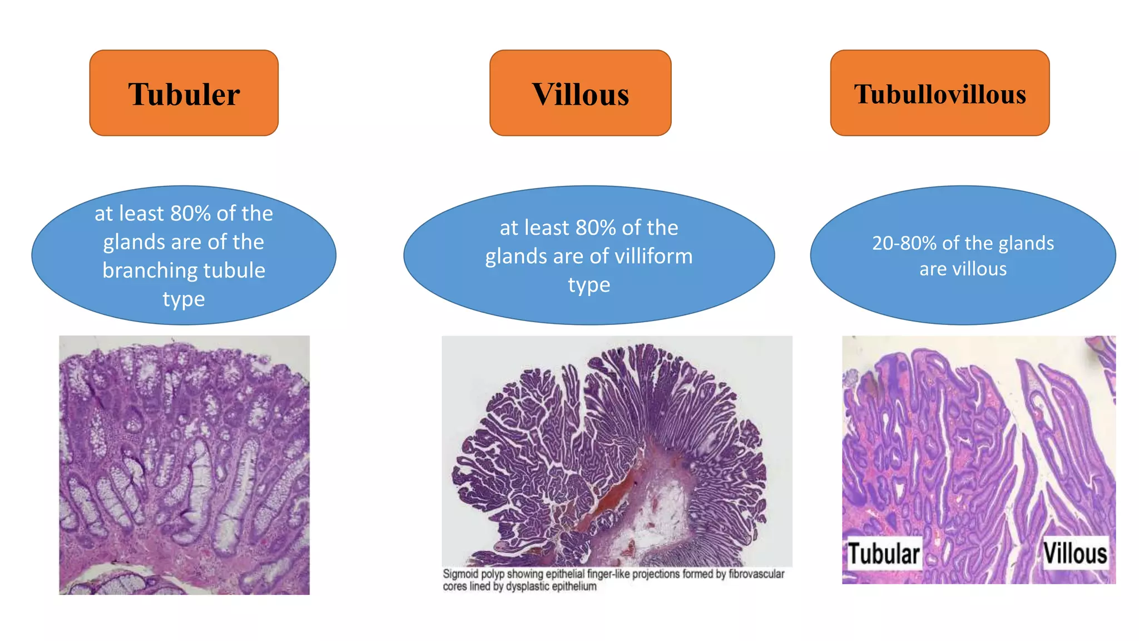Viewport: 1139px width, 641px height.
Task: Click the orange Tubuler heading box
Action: (184, 93)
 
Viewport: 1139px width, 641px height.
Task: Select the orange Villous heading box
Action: (580, 93)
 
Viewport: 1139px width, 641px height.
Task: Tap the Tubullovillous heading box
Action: (940, 93)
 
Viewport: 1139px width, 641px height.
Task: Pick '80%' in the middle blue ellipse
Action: (596, 228)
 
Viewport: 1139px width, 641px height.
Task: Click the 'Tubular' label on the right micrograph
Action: (883, 554)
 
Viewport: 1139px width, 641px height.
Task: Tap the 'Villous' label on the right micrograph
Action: (1074, 554)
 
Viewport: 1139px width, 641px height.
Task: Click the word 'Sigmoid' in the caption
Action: (460, 574)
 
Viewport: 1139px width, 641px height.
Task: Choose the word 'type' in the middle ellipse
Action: (588, 285)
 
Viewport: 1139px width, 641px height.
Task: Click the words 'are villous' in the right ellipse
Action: (963, 269)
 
